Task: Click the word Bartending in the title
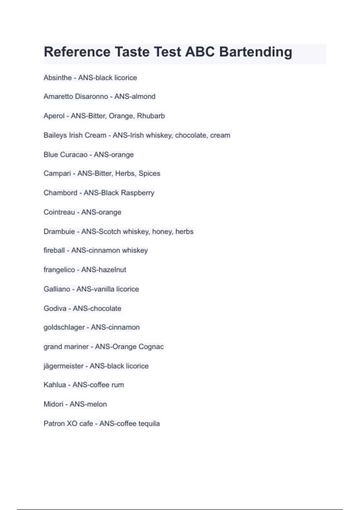(256, 52)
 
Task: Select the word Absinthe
(58, 78)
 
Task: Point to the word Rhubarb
(151, 116)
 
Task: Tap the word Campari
(57, 173)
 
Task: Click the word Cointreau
(59, 212)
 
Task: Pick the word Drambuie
(59, 232)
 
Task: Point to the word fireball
(54, 250)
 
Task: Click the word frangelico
(59, 270)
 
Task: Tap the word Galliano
(57, 289)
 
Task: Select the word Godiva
(55, 308)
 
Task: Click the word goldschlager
(64, 327)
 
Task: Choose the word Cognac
(151, 347)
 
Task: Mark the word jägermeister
(64, 366)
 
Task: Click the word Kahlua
(55, 385)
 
